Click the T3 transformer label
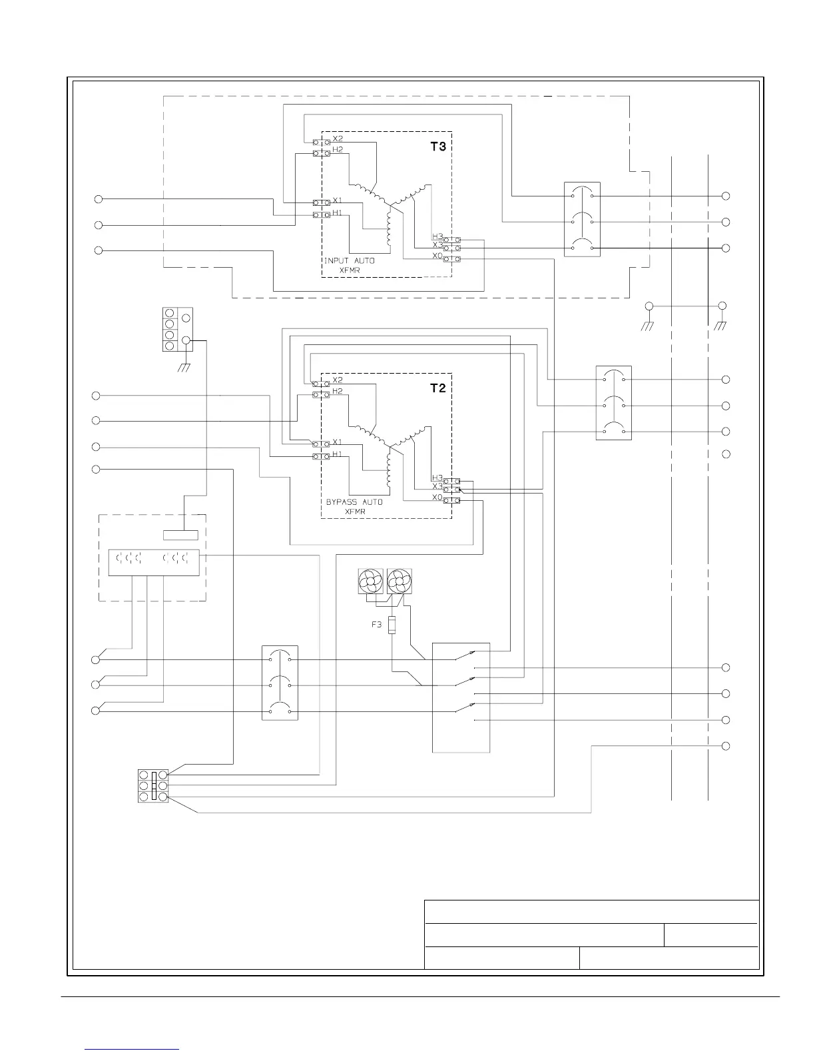[437, 147]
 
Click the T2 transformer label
[437, 388]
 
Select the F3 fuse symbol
[392, 625]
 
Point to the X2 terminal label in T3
[338, 139]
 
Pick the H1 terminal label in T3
[338, 213]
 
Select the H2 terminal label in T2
[338, 392]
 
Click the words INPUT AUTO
[349, 260]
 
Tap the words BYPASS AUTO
[354, 502]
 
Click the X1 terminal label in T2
[338, 442]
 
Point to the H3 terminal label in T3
[437, 236]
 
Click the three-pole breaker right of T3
[582, 219]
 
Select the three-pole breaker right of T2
[613, 403]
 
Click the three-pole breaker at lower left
[280, 683]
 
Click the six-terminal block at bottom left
[153, 786]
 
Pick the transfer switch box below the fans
[461, 697]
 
